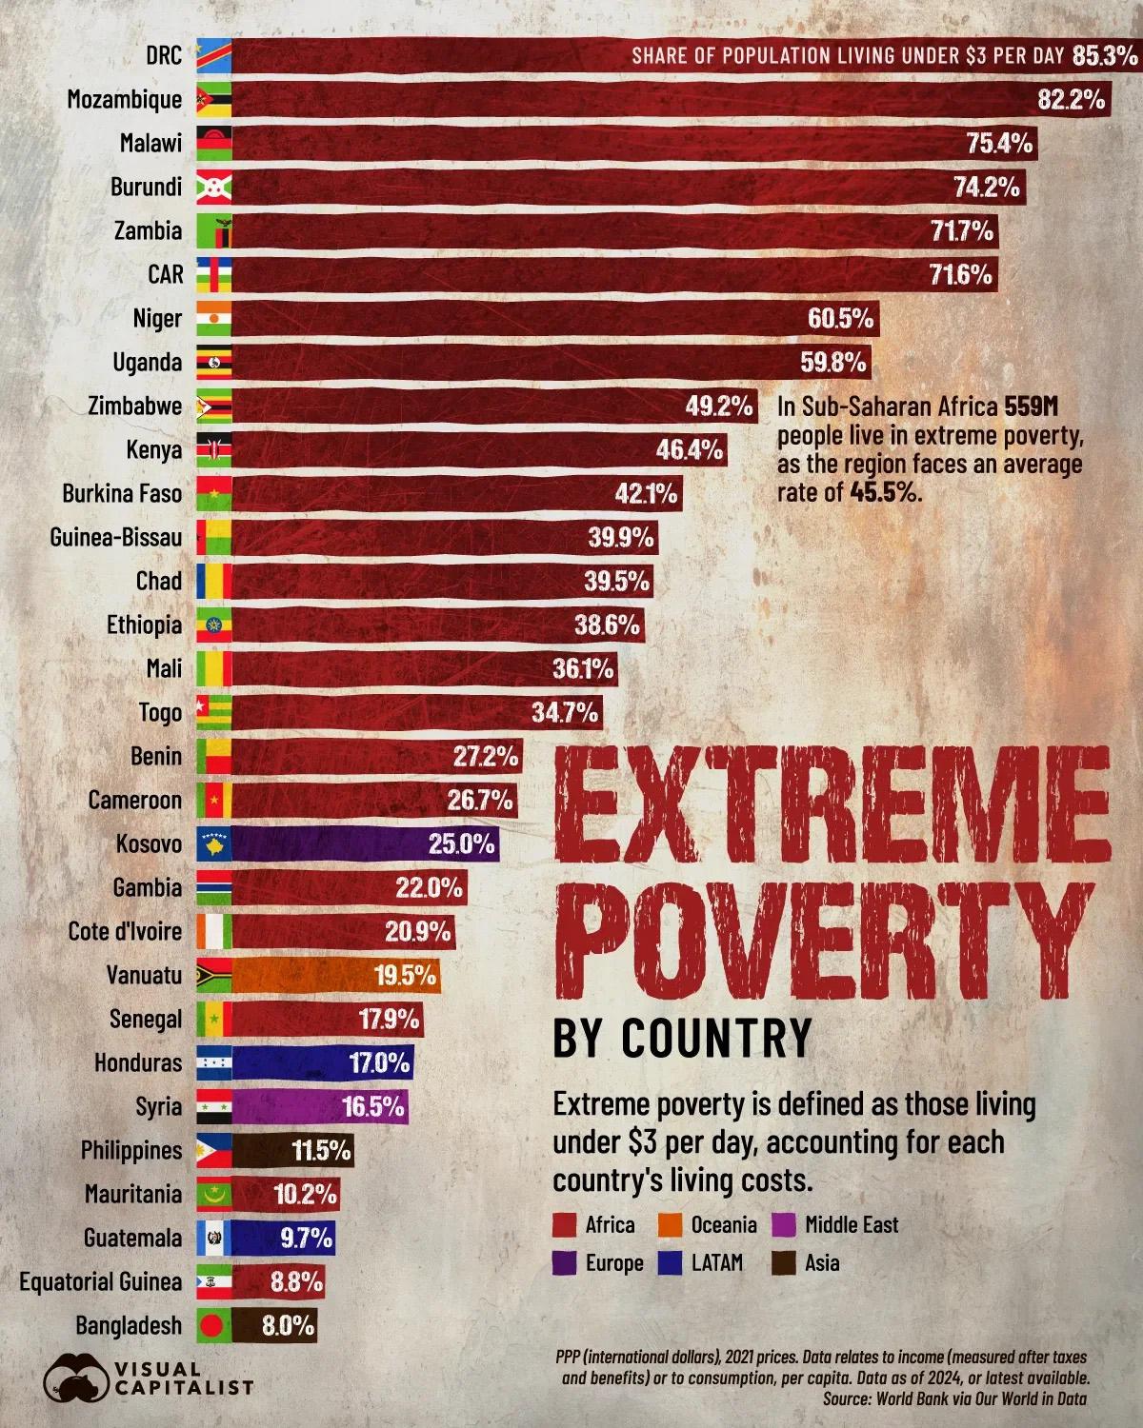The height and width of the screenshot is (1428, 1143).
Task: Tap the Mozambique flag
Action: coord(213,99)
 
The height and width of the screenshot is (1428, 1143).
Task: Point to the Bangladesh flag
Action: coord(213,1325)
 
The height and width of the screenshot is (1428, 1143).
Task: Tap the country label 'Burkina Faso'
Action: coord(122,493)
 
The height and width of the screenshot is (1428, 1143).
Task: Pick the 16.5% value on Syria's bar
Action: coord(374,1107)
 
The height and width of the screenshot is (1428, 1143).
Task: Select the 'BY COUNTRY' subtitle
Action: coord(682,1038)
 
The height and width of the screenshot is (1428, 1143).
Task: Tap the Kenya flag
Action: coord(213,449)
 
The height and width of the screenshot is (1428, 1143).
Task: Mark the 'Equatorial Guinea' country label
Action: coord(101,1281)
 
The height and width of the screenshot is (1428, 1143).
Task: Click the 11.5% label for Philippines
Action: coord(321,1151)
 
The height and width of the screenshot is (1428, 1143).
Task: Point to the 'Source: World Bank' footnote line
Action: coord(953,1399)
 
